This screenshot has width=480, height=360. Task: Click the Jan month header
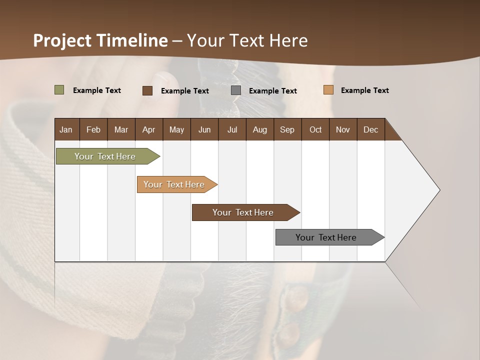click(x=66, y=129)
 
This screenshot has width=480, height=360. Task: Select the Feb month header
click(x=93, y=129)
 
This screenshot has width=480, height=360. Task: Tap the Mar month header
click(x=121, y=129)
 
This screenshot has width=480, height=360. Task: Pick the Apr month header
click(x=149, y=129)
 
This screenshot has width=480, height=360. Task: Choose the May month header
click(x=176, y=129)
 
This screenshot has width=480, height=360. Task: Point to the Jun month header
click(x=204, y=129)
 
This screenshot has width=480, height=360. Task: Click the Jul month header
click(x=232, y=129)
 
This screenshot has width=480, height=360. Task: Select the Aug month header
click(x=260, y=129)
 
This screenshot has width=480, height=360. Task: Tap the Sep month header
click(x=287, y=129)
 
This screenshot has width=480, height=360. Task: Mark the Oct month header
click(x=315, y=129)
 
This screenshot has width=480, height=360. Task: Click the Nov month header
click(x=343, y=129)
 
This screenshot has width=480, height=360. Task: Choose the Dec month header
click(x=371, y=129)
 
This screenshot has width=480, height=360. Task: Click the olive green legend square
click(x=59, y=90)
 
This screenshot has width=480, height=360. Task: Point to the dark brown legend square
click(x=147, y=90)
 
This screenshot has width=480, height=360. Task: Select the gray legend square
click(x=236, y=90)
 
